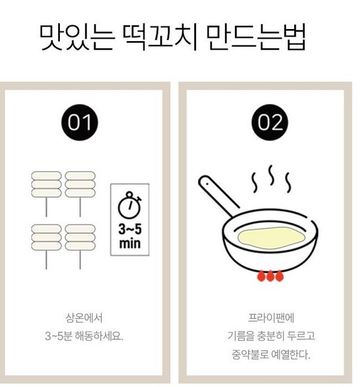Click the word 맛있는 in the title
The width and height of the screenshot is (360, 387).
pyautogui.click(x=77, y=37)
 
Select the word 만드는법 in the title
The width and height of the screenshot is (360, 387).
pyautogui.click(x=256, y=37)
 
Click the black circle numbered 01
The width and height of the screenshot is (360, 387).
pyautogui.click(x=79, y=122)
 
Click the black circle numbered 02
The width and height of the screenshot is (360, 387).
pyautogui.click(x=270, y=122)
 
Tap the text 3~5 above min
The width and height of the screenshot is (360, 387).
pyautogui.click(x=130, y=229)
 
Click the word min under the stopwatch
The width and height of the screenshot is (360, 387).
pyautogui.click(x=130, y=243)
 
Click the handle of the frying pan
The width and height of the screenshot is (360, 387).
pyautogui.click(x=217, y=195)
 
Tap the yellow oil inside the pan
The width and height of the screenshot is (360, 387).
pyautogui.click(x=271, y=238)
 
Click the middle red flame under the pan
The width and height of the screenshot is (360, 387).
pyautogui.click(x=270, y=276)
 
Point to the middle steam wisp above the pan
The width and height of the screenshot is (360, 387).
pyautogui.click(x=271, y=175)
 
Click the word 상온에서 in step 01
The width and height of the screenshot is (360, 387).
pyautogui.click(x=84, y=318)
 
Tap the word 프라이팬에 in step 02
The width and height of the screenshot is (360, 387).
pyautogui.click(x=271, y=318)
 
